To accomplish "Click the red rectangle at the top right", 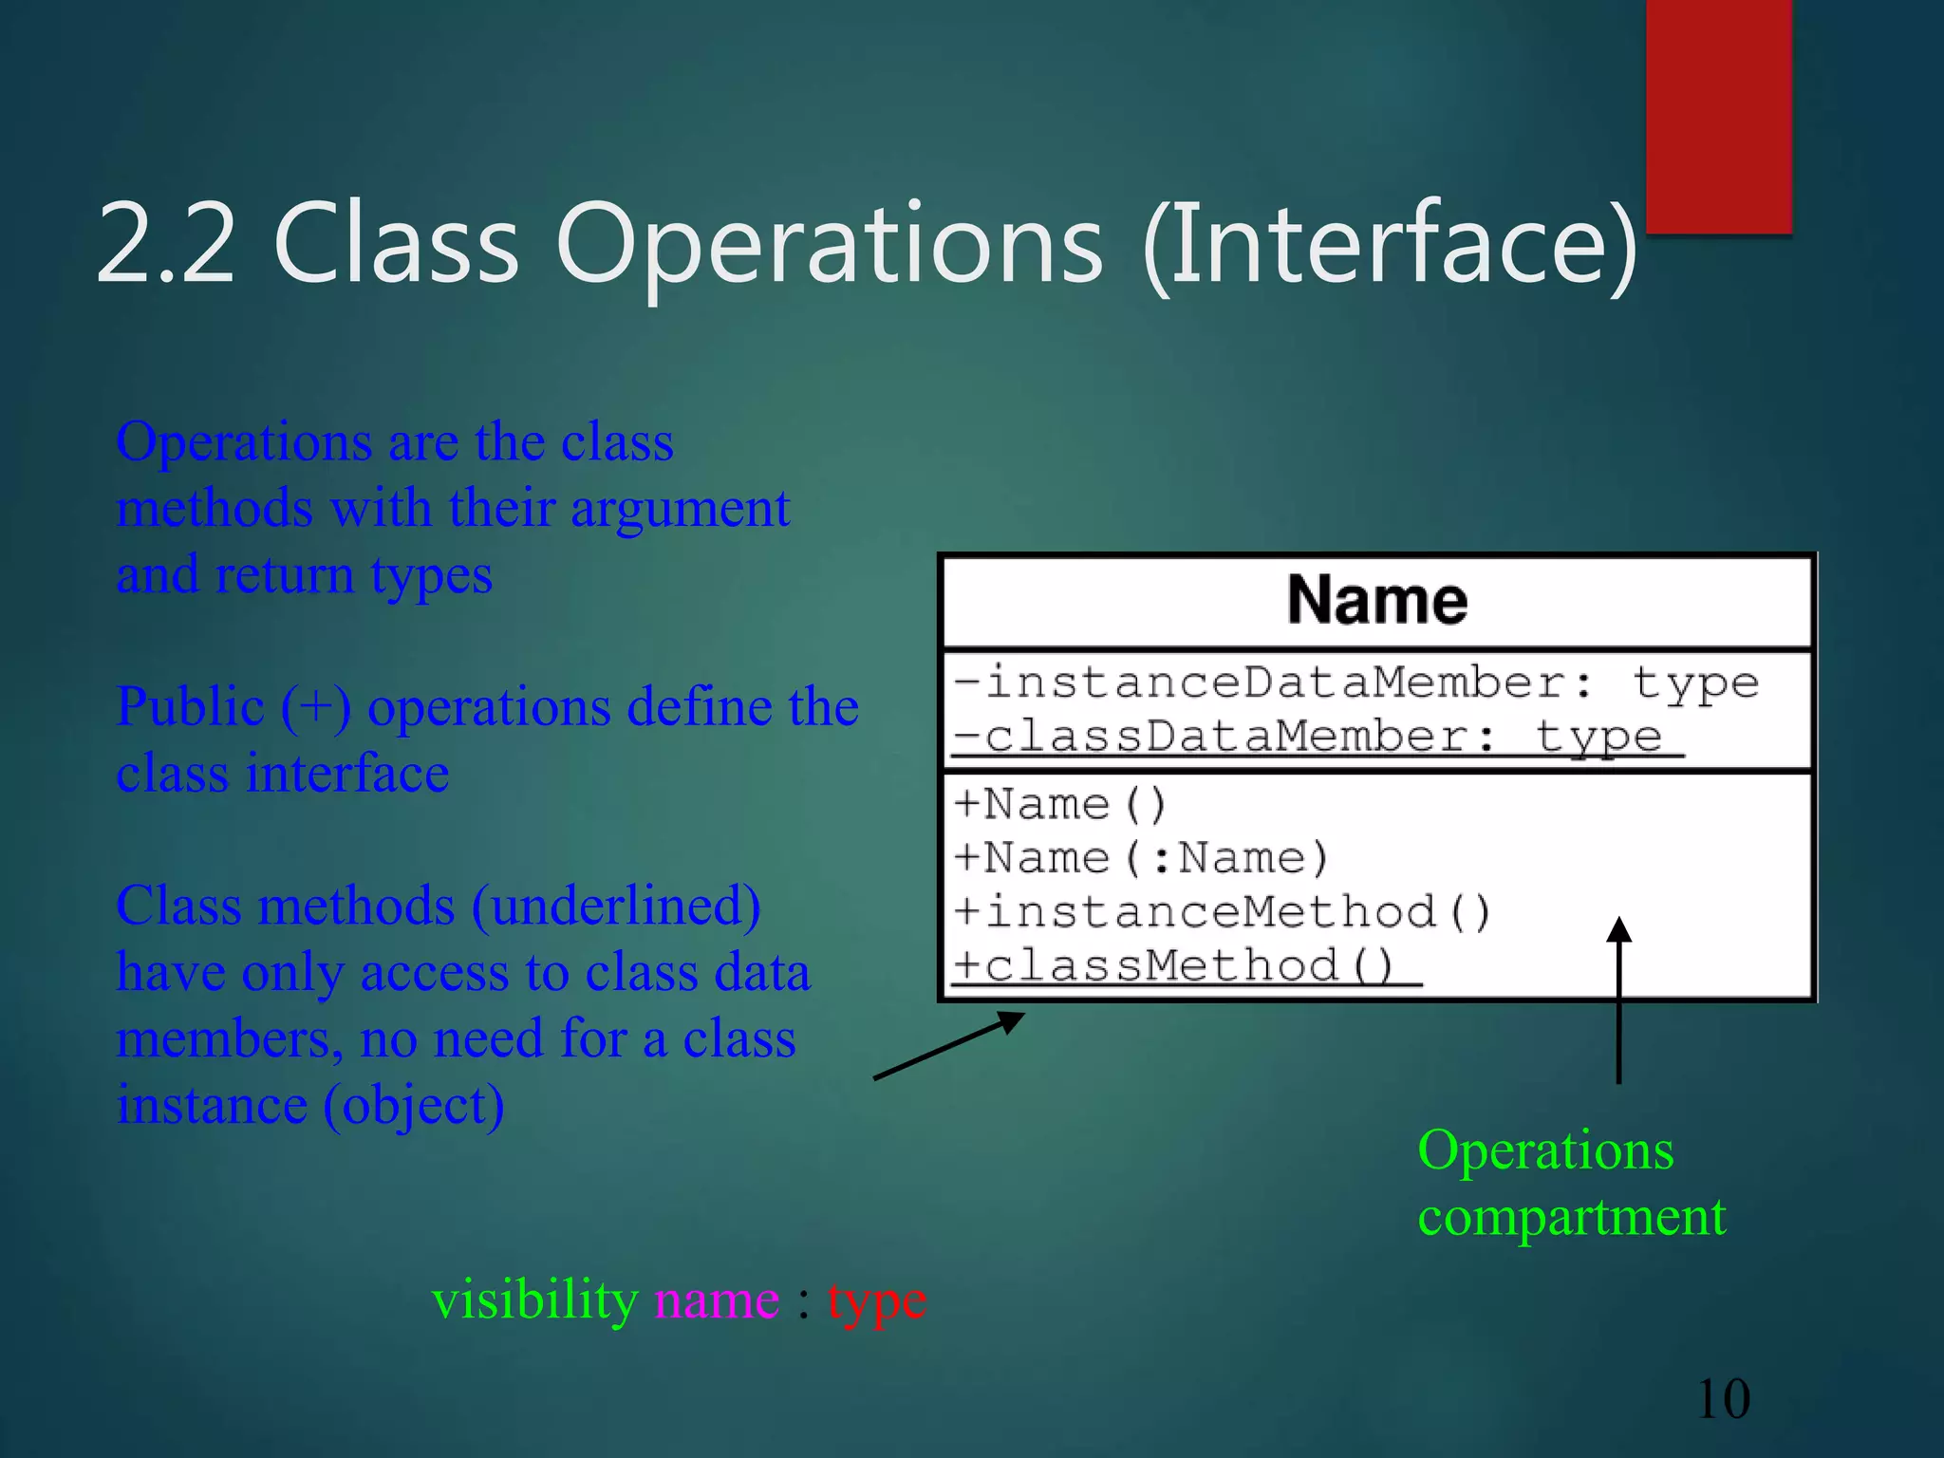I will point(1718,114).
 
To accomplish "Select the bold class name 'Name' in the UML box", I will point(1376,600).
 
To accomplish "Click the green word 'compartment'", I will point(1571,1217).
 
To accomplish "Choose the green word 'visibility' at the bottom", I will point(534,1299).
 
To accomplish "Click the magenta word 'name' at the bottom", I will point(717,1299).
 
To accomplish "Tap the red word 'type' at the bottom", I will point(876,1301).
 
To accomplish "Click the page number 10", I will point(1722,1399).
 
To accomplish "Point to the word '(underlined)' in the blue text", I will point(616,907).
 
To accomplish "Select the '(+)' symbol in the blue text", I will point(315,708).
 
